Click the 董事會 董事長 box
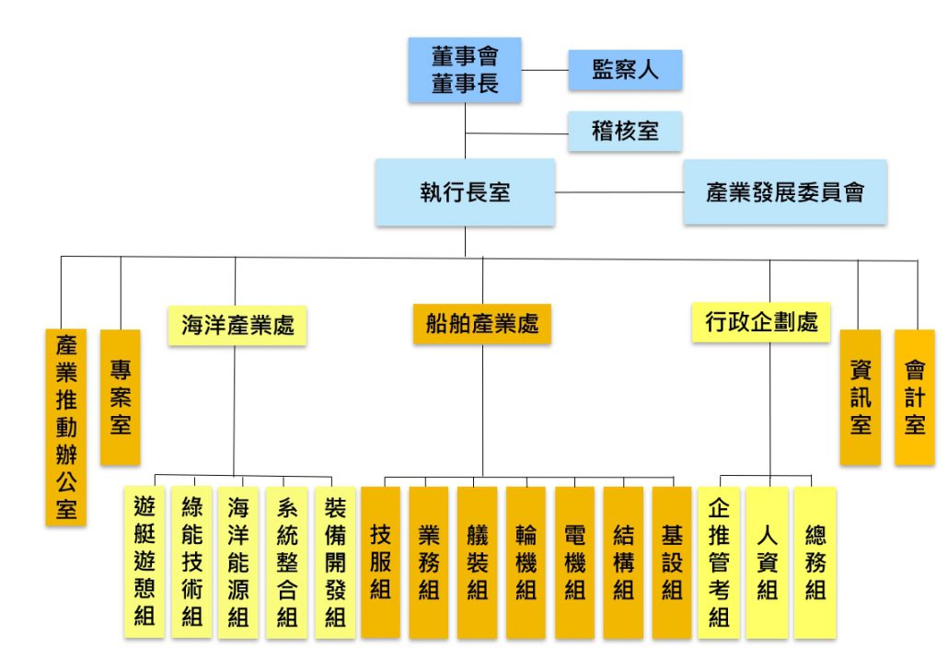click(465, 70)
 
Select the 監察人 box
click(625, 70)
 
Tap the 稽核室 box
click(625, 131)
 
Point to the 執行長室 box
click(465, 192)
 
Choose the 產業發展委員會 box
click(784, 192)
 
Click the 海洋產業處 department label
click(237, 325)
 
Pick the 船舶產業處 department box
click(482, 324)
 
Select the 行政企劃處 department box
click(761, 322)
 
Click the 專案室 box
click(121, 397)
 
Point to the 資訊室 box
click(860, 397)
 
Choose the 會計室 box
click(914, 397)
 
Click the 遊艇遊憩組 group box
click(145, 561)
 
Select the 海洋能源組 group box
click(238, 561)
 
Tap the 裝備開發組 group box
click(335, 561)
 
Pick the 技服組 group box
click(380, 561)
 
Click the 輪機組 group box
click(526, 561)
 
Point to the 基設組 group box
click(672, 561)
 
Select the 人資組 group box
click(767, 561)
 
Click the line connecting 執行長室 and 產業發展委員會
click(619, 192)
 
